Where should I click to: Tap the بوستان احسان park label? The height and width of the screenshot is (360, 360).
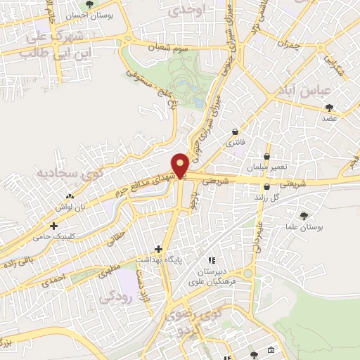coord(91,14)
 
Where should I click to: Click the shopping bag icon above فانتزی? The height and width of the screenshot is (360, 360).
coord(235,131)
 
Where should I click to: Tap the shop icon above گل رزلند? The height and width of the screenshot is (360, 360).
coord(266,187)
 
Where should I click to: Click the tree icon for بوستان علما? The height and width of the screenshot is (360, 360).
coord(304,216)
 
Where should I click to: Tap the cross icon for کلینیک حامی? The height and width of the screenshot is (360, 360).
coord(54,226)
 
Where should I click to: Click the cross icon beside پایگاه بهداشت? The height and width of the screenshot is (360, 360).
coord(159,249)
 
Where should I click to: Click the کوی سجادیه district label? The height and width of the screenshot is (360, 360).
coord(42,172)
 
